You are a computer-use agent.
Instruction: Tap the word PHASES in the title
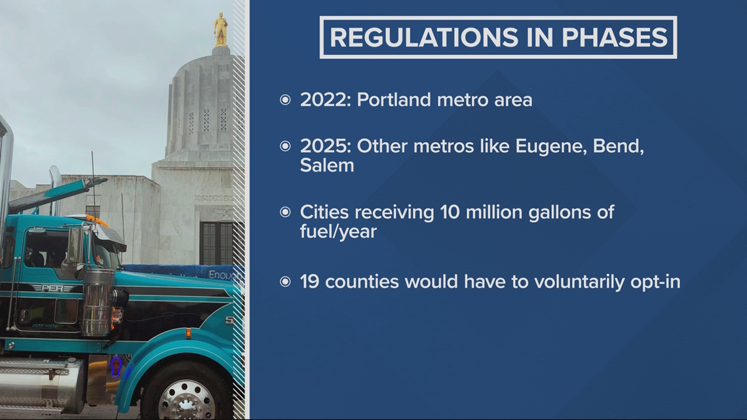point(615,37)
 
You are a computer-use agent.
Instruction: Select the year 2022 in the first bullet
point(325,100)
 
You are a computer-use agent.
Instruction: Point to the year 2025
point(325,146)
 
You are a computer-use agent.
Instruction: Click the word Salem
point(327,166)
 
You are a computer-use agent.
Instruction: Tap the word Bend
point(618,146)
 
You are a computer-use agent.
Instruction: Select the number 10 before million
point(450,212)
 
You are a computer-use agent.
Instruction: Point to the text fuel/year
point(338,232)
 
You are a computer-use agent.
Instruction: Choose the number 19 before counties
point(309,282)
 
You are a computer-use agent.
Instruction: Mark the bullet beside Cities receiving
point(285,212)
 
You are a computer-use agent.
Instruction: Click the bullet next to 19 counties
point(285,282)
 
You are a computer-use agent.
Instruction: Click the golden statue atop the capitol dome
point(221,29)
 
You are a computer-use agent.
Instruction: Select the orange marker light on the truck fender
point(188,334)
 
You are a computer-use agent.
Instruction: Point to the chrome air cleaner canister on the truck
point(98,302)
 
